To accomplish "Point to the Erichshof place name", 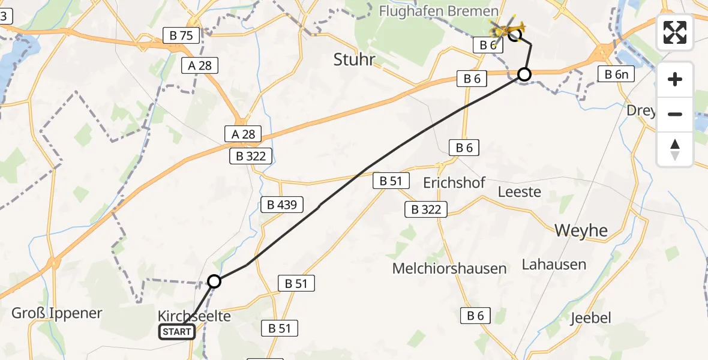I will [454, 183].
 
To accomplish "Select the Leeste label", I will [520, 192].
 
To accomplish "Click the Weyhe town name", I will [581, 230].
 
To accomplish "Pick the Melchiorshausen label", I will [449, 268].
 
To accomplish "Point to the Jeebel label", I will [590, 317].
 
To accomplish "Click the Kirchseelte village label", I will [194, 316].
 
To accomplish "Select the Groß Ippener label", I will [57, 313].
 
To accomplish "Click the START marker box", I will [177, 332].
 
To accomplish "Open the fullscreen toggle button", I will [675, 32].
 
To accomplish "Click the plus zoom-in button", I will [675, 79].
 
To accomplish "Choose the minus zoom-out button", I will [675, 114].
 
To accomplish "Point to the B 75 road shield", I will [181, 36].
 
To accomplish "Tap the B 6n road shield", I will [616, 74].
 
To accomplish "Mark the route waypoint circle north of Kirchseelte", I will [214, 281].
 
